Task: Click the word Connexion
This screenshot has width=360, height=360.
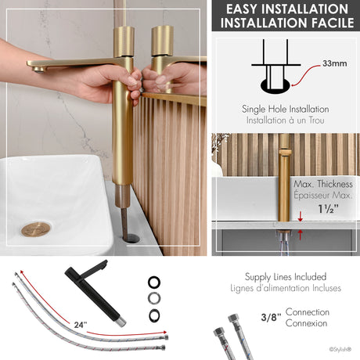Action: pos(308,323)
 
